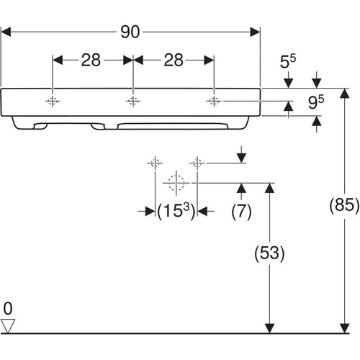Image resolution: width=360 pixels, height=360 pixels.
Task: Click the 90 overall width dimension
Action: pos(130,32)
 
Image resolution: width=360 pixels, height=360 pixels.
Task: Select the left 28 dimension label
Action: pos(91,60)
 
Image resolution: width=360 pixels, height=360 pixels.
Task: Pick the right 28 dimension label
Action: pos(174,60)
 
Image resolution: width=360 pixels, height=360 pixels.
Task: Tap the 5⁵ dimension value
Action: pos(288,61)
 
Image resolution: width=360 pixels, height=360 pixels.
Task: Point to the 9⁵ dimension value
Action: pos(316,102)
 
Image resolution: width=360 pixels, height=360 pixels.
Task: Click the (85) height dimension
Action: pos(344,205)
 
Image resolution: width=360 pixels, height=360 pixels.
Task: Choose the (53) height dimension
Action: pos(269,253)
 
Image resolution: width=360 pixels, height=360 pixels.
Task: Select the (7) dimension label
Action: pos(241,212)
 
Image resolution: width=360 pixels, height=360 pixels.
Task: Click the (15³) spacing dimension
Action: pos(176,211)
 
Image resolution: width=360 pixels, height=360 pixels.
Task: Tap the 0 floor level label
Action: pos(8,308)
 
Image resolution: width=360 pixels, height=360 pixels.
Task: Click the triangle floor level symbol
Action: pos(8,326)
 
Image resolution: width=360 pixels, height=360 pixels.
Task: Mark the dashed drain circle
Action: pos(176,183)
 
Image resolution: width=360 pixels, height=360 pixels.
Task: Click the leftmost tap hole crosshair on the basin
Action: pos(53,102)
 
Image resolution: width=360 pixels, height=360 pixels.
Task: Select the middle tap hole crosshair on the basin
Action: pos(133,102)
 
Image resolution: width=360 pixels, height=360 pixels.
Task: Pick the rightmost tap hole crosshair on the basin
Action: pos(214,102)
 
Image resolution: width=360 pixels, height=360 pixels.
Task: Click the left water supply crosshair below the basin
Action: pos(155,163)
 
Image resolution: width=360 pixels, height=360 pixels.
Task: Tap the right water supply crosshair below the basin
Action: pos(197,163)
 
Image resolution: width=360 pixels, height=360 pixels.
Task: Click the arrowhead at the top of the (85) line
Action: pos(345,93)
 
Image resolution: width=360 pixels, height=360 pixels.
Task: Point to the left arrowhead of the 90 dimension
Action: pos(6,32)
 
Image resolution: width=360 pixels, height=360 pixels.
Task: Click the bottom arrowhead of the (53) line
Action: pos(269,328)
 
